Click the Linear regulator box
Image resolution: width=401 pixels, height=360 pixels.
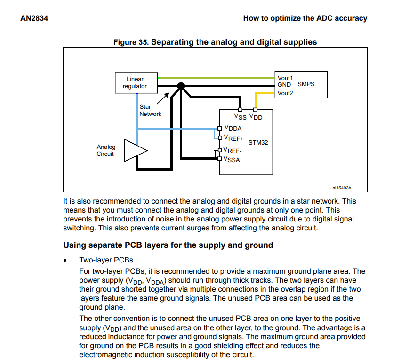click(135, 83)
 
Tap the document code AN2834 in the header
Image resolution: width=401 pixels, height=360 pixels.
click(34, 18)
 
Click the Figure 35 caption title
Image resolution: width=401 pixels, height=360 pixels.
click(215, 42)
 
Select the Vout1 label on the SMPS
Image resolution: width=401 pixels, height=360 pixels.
click(285, 78)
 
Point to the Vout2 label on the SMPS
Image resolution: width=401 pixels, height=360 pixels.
click(285, 93)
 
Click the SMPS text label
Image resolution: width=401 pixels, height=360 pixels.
click(306, 84)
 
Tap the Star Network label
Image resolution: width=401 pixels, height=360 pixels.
click(150, 110)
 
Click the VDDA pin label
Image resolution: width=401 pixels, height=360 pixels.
click(233, 128)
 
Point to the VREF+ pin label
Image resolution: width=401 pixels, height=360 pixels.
click(234, 139)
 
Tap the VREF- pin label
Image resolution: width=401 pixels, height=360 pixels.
click(233, 151)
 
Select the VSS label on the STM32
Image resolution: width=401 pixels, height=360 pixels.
click(240, 117)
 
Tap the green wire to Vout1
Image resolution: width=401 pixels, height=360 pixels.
click(217, 78)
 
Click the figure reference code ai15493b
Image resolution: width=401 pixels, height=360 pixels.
click(342, 188)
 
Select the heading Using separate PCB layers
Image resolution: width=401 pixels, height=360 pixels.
click(168, 245)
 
